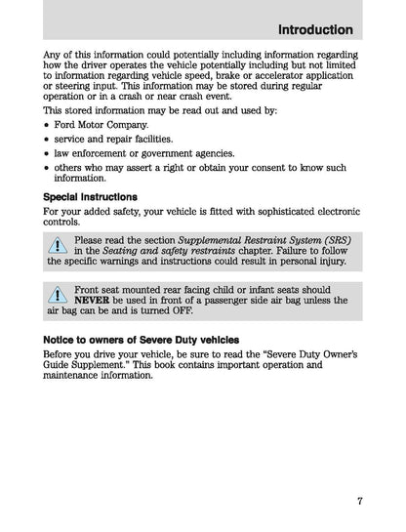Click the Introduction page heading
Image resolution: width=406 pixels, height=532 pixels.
(315, 29)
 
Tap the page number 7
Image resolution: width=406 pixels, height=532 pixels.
(359, 502)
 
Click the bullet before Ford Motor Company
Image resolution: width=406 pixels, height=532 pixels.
(48, 126)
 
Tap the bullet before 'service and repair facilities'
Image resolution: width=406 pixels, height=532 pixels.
(48, 140)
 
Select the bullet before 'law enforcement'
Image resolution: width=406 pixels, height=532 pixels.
(48, 154)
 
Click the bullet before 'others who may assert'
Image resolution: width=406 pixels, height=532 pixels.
(48, 168)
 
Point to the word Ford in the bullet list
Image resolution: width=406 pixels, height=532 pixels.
(66, 126)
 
